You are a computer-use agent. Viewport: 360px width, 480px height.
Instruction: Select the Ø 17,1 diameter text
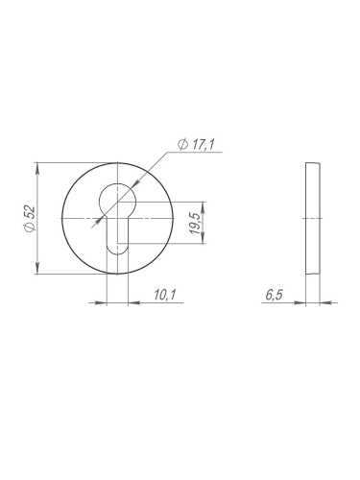click(x=196, y=145)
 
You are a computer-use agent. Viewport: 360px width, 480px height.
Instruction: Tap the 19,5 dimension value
click(x=195, y=223)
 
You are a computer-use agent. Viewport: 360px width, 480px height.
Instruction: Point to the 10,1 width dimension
click(x=165, y=295)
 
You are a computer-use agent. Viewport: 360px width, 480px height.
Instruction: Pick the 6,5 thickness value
click(x=275, y=295)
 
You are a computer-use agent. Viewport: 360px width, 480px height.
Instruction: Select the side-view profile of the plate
click(x=313, y=219)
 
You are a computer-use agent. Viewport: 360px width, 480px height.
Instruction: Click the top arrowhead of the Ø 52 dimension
click(x=37, y=168)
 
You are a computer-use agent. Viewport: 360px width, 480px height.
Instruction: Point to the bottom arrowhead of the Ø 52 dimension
click(x=37, y=269)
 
